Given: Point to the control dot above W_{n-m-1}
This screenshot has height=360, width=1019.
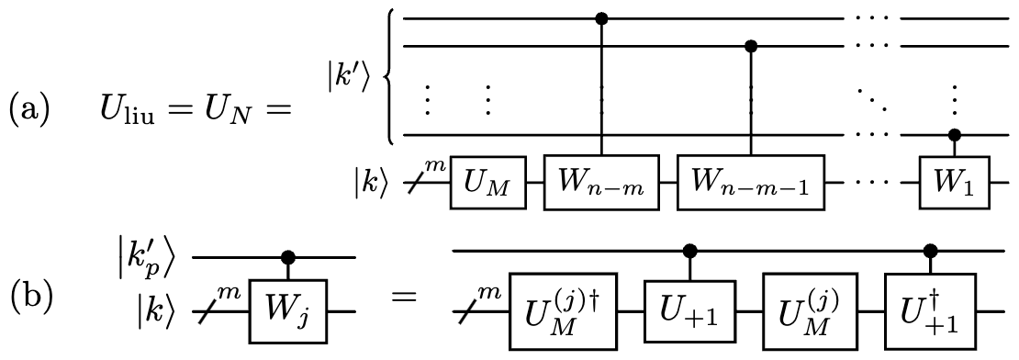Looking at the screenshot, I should [x=751, y=45].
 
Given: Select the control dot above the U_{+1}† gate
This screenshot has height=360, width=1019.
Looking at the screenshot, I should [x=929, y=249].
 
